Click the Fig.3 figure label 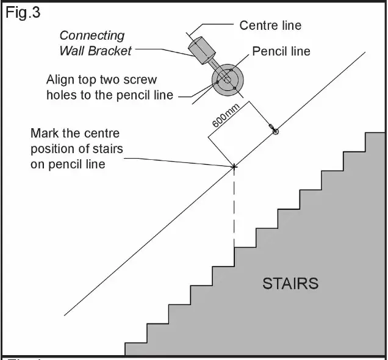23,13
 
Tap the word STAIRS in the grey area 290,284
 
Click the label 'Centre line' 270,26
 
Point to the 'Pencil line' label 281,51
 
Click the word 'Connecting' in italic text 92,35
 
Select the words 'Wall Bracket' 95,51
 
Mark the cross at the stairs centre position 234,166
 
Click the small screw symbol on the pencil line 274,131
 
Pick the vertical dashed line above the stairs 234,207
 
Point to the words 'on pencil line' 68,164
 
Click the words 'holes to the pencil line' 110,95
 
